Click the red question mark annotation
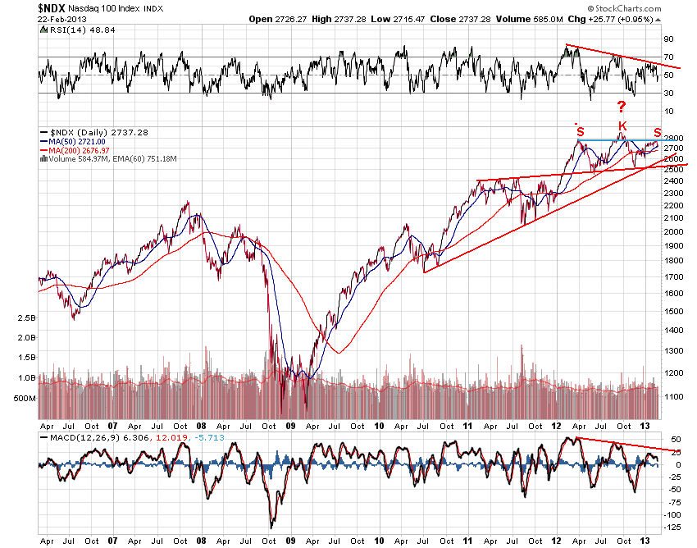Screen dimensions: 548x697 (x=622, y=107)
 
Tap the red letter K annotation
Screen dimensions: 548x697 (x=622, y=126)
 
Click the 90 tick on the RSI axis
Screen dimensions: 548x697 (x=668, y=39)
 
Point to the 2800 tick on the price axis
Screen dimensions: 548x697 (x=672, y=138)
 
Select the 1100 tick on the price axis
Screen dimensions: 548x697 (x=672, y=395)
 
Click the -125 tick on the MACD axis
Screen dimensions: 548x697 (x=672, y=527)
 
